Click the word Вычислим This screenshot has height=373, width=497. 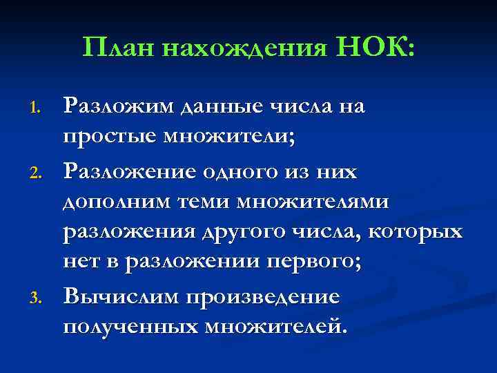[125, 298]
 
